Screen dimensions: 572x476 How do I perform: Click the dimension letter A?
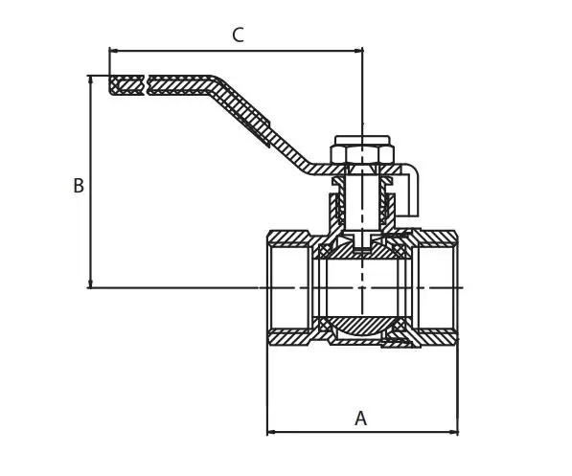tap(360, 419)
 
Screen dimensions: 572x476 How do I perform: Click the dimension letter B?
tap(79, 185)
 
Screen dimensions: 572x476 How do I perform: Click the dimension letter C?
tap(238, 35)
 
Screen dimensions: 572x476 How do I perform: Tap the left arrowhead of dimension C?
tap(113, 51)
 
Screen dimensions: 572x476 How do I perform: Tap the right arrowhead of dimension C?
tap(359, 51)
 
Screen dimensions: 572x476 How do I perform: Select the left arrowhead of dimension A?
tap(271, 433)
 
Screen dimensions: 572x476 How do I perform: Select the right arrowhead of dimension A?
tap(454, 433)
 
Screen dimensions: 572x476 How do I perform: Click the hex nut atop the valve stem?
tap(362, 154)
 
